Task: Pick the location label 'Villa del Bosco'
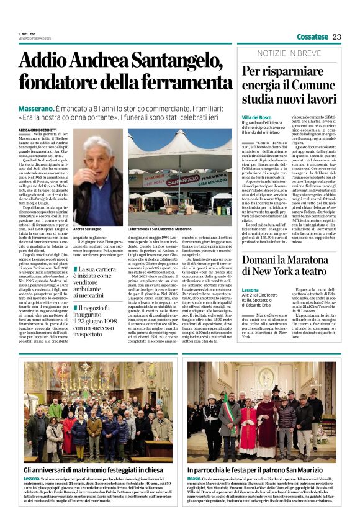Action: [258, 117]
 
